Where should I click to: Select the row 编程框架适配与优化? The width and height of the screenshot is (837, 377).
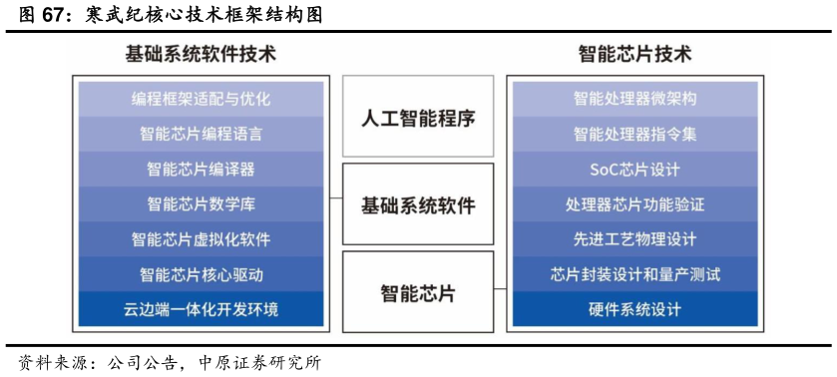tap(201, 99)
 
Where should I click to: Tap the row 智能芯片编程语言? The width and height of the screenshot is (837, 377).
tap(201, 134)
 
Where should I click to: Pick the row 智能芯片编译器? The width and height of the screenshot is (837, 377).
tap(201, 170)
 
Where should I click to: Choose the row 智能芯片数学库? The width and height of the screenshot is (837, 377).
tap(201, 204)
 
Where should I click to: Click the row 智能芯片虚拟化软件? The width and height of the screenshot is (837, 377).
tap(201, 239)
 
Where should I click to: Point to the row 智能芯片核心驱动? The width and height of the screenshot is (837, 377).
tap(201, 274)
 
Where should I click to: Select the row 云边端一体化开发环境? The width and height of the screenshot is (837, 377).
tap(201, 309)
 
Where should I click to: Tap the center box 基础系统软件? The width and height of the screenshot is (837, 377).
tap(418, 205)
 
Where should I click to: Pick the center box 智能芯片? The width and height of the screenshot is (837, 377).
tap(418, 293)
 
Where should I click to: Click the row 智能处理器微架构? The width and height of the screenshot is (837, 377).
tap(634, 99)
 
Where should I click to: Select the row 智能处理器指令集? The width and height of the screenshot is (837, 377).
tap(634, 134)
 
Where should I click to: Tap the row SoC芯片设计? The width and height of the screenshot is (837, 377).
tap(634, 170)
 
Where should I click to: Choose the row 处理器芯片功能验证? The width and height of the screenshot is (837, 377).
tap(634, 204)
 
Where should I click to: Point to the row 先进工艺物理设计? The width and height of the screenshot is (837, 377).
tap(634, 239)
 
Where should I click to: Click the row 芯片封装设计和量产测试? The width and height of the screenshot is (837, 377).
tap(634, 274)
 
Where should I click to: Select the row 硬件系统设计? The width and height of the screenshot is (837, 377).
tap(634, 309)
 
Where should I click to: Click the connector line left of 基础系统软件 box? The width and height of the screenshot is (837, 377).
tap(336, 198)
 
